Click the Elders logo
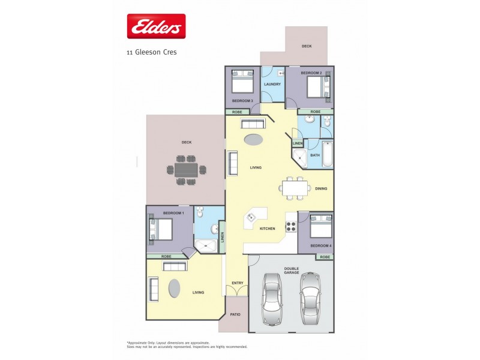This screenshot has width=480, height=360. (x=155, y=26)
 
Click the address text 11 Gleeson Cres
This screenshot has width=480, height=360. (x=151, y=52)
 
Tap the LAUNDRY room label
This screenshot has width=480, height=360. (x=272, y=85)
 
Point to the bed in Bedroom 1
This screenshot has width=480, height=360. (x=161, y=229)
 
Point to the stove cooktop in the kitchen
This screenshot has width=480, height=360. (x=291, y=226)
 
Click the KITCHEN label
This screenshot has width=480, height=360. (x=267, y=229)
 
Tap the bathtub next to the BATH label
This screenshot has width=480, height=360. (x=327, y=154)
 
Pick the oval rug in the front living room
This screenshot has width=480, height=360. (x=173, y=289)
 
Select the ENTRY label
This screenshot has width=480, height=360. (x=237, y=283)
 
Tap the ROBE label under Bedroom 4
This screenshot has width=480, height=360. (x=324, y=257)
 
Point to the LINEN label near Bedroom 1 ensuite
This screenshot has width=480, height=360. (x=221, y=238)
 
